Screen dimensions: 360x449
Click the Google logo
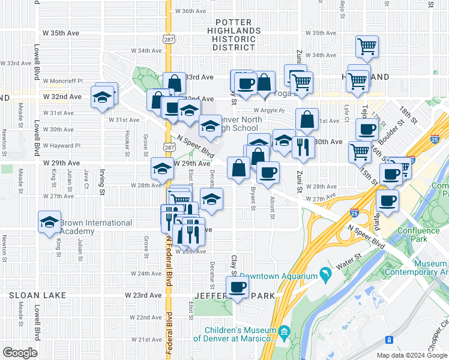20,353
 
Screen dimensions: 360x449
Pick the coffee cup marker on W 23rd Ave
238,286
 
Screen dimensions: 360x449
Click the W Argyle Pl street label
268,110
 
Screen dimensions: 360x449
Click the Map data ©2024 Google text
411,355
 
